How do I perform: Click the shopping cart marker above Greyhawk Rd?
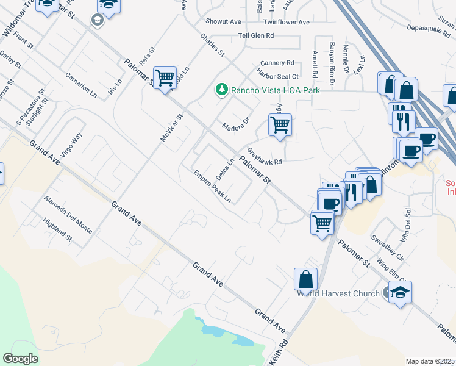click(280, 125)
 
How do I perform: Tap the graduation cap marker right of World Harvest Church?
click(400, 292)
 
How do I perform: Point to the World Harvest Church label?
click(338, 293)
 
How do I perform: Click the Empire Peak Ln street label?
click(213, 186)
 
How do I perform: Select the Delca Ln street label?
click(225, 169)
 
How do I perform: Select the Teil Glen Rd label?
click(256, 36)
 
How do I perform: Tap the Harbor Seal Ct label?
click(279, 76)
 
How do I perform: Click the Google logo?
click(21, 359)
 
